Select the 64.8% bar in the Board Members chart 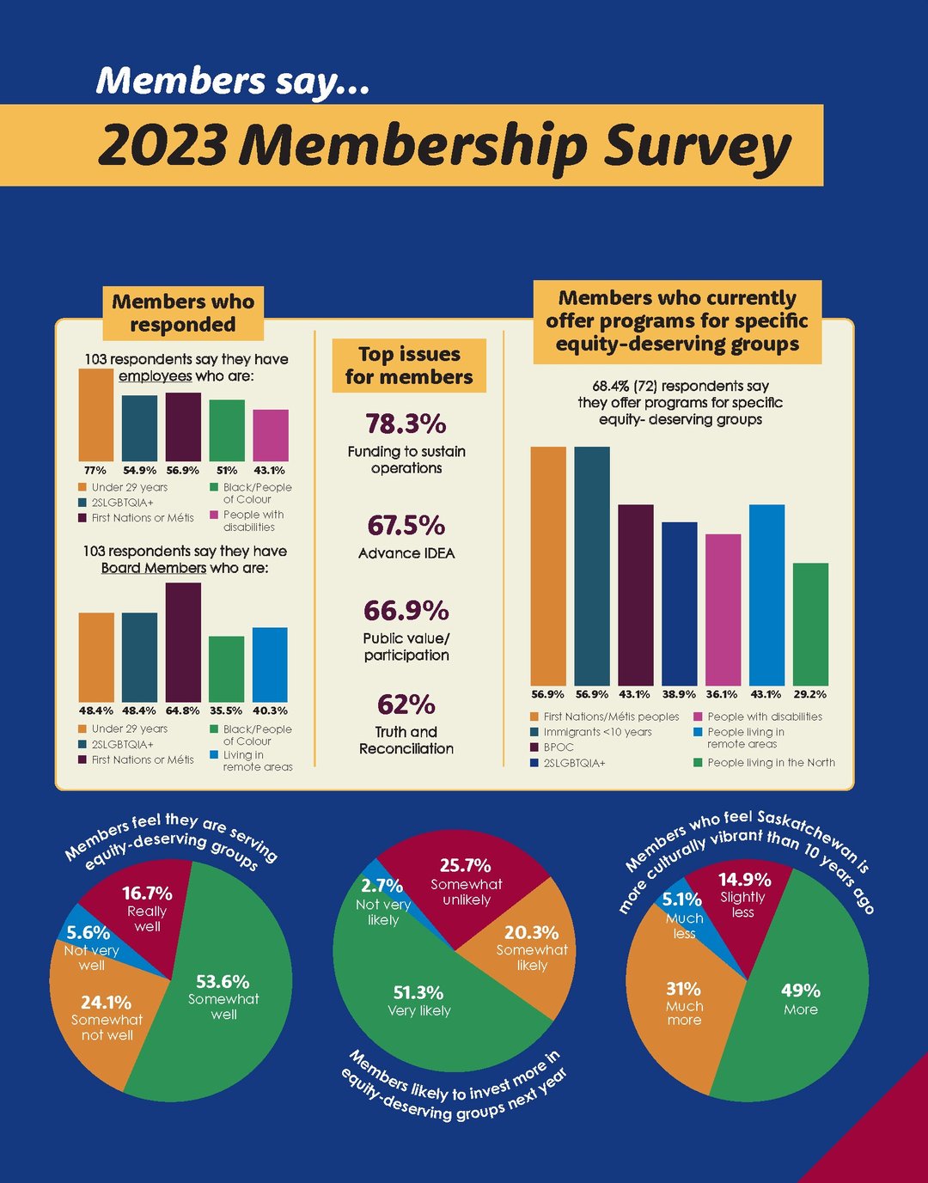(183, 643)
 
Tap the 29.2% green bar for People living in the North (810, 625)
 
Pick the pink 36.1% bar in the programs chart (723, 610)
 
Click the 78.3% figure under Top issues (406, 424)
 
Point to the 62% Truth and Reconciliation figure (406, 704)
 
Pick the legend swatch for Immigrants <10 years (534, 732)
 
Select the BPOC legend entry (559, 747)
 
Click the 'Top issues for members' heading (409, 365)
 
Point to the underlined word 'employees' (155, 376)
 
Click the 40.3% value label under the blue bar (270, 710)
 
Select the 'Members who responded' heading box (183, 313)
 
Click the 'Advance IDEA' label (406, 553)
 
